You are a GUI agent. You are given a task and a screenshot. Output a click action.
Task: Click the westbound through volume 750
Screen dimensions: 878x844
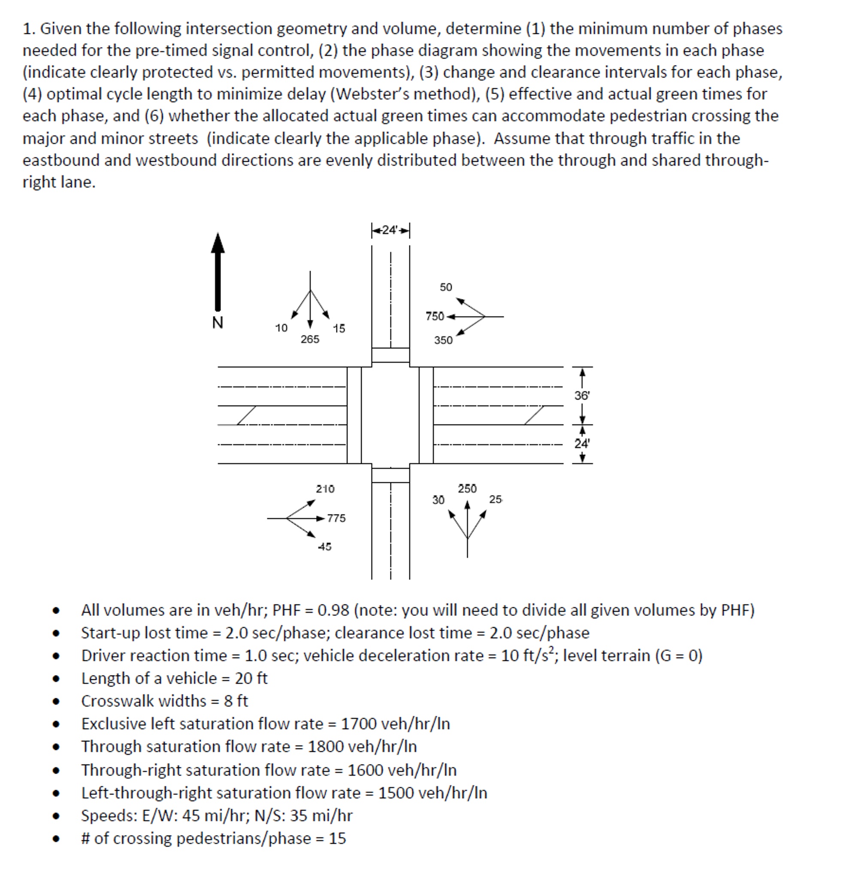click(x=434, y=316)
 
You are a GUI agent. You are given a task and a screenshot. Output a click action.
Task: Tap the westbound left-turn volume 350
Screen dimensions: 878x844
click(x=443, y=340)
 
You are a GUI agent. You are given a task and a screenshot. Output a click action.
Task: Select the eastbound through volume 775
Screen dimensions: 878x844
click(x=336, y=518)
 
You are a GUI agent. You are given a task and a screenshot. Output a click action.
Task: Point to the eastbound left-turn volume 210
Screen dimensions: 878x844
click(x=325, y=489)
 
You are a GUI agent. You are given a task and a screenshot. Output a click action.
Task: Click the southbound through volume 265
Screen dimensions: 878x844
click(x=309, y=339)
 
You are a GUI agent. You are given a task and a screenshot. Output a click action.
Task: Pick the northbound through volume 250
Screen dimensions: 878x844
click(x=467, y=488)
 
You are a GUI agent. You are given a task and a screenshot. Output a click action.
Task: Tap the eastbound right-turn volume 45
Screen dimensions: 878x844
click(x=324, y=547)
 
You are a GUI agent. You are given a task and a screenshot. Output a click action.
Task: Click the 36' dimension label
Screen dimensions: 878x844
click(x=582, y=396)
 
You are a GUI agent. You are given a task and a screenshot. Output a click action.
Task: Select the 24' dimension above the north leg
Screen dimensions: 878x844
click(x=390, y=230)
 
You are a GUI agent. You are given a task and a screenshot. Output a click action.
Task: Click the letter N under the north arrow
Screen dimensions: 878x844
click(x=217, y=323)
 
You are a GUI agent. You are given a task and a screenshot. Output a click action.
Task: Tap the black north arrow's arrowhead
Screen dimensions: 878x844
click(x=218, y=244)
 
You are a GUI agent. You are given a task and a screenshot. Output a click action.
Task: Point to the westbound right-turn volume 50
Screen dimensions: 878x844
click(x=446, y=287)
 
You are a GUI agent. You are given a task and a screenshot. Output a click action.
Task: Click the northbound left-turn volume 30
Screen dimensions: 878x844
click(x=438, y=500)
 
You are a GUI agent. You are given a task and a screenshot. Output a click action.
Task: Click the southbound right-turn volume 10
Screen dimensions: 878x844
click(x=281, y=328)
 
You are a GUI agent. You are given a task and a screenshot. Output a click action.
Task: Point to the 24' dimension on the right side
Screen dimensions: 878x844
click(x=582, y=443)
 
